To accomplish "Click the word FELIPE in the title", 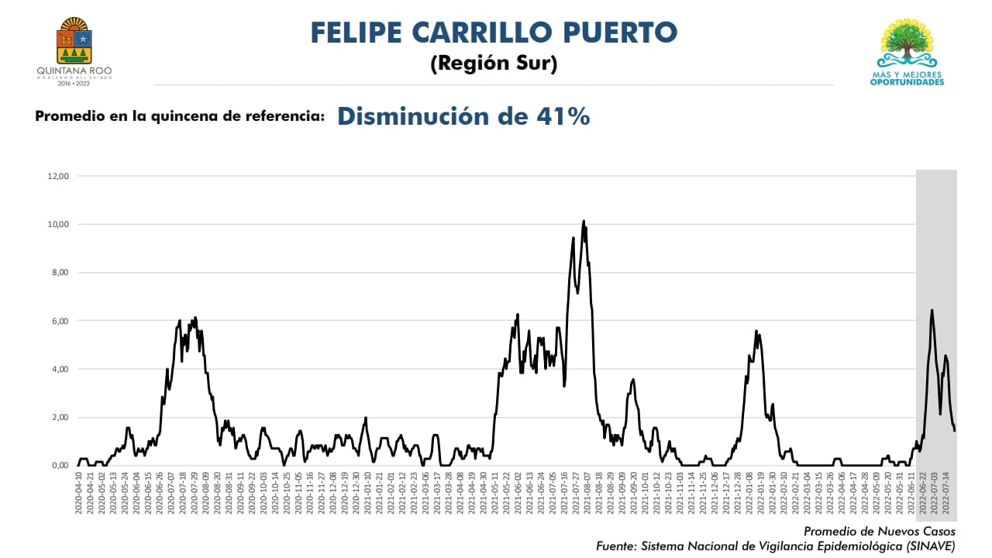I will [357, 33].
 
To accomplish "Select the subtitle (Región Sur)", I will [494, 64].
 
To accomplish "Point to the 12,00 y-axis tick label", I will [58, 176].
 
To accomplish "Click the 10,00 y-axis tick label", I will [58, 224].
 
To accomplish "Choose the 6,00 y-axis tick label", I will [60, 321].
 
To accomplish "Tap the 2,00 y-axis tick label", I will [60, 417].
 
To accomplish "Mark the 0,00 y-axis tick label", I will [60, 465].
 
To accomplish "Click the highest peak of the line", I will [584, 222].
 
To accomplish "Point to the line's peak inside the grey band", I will [932, 311].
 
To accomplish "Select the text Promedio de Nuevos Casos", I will [879, 532].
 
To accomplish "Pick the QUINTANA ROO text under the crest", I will [74, 71].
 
